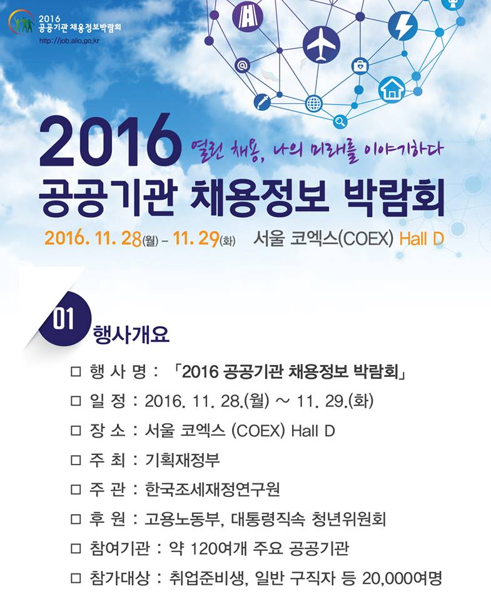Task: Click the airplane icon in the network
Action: coord(321,45)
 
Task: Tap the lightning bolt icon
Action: coord(403,26)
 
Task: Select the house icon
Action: coord(392,90)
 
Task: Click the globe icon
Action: coord(313,103)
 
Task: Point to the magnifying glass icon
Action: coord(340,122)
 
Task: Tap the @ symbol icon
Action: coord(242,66)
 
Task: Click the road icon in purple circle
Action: coord(248,17)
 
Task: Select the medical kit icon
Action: coord(360,66)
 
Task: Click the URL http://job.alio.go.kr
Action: coord(69,40)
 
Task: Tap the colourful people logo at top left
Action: coord(21,23)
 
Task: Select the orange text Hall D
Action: coord(422,239)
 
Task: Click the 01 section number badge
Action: coord(63,318)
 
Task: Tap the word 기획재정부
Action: coord(182,460)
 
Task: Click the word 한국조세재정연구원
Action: coord(213,489)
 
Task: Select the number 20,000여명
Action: coord(402,578)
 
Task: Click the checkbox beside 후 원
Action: coord(76,519)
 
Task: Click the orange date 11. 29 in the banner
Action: coord(196,238)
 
